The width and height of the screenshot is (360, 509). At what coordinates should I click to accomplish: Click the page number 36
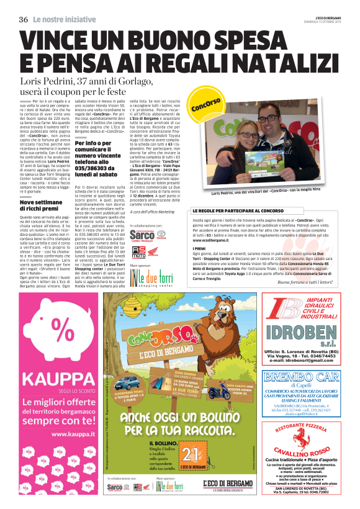(x=24, y=19)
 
